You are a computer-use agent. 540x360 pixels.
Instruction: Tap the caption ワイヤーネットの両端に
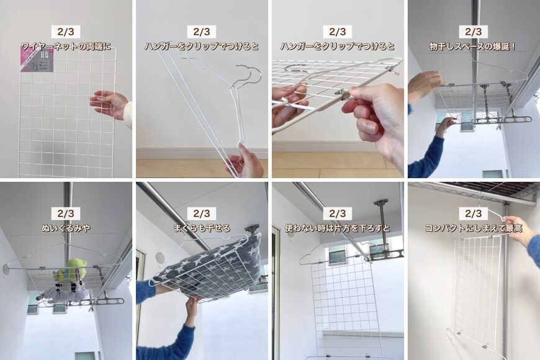click(x=66, y=46)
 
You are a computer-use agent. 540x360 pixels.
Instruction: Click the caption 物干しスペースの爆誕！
click(x=473, y=46)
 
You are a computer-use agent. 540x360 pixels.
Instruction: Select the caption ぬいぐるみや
click(x=66, y=228)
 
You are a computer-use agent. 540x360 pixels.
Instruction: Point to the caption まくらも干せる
click(x=202, y=228)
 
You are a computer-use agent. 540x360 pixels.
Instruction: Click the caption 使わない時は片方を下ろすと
click(x=338, y=228)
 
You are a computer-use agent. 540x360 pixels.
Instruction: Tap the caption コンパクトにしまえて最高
click(x=474, y=228)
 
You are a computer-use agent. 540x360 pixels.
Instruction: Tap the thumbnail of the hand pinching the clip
click(x=338, y=89)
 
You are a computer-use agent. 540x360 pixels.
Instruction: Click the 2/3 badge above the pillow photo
click(x=202, y=214)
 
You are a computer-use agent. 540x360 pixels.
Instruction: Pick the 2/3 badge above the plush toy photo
click(x=66, y=214)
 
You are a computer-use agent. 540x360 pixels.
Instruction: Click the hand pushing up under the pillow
click(x=192, y=307)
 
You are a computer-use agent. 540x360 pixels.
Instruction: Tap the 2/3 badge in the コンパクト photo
click(x=474, y=214)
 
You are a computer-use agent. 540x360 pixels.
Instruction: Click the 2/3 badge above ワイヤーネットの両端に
click(x=66, y=32)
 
